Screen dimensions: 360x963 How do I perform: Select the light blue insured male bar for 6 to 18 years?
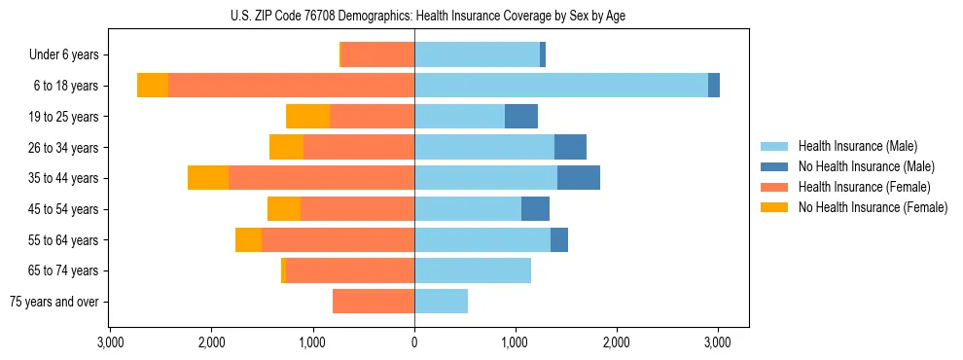tap(561, 86)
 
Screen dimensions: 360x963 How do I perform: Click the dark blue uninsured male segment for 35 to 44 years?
tap(579, 178)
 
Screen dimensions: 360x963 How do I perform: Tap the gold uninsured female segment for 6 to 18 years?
tap(153, 86)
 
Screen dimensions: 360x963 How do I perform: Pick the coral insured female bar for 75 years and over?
tap(374, 302)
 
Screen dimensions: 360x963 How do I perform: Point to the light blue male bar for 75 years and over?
tap(441, 302)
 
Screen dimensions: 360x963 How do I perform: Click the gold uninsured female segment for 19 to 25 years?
tap(307, 117)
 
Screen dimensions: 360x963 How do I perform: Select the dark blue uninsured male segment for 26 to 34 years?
tap(570, 147)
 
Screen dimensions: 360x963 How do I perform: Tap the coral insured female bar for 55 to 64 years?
tap(338, 240)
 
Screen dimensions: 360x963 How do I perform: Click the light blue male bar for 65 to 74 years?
tap(473, 270)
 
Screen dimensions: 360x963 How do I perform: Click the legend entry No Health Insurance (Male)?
tap(866, 166)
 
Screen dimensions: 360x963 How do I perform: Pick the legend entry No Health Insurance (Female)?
tap(873, 207)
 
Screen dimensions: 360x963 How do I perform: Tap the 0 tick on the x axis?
tap(414, 342)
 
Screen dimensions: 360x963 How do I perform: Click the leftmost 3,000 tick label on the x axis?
tap(110, 342)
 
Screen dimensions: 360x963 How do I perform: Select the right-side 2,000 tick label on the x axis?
tap(617, 342)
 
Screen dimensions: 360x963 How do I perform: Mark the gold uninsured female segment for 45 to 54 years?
tap(284, 209)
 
